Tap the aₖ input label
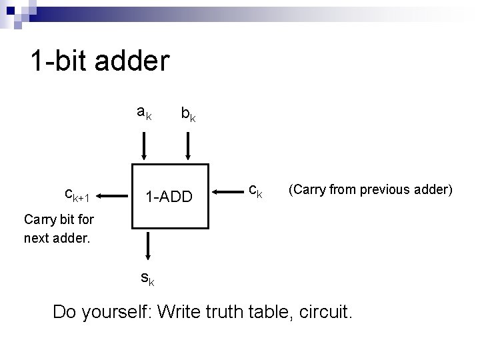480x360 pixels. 144,113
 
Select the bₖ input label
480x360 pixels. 188,115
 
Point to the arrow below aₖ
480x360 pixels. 143,146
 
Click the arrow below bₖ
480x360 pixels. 189,146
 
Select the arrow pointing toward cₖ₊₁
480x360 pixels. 113,196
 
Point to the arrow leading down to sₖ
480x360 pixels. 147,247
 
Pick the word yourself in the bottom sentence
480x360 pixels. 119,311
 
